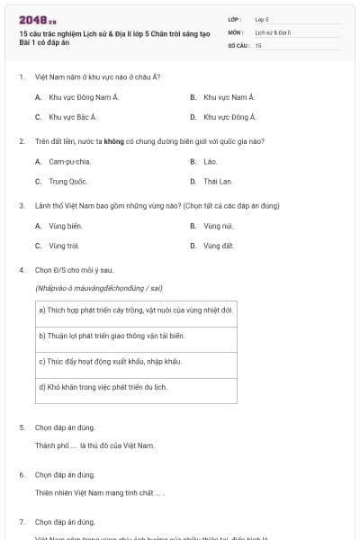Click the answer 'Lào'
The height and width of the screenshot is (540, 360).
pos(211,161)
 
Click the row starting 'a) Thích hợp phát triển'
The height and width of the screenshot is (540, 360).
pos(136,310)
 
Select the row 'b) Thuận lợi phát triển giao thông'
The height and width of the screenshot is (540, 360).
pos(136,337)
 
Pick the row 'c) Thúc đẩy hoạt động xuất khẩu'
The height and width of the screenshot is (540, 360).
pos(136,363)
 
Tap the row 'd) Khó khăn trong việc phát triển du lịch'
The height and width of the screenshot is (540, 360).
pos(136,389)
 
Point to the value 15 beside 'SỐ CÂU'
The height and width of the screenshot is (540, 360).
pos(258,45)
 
